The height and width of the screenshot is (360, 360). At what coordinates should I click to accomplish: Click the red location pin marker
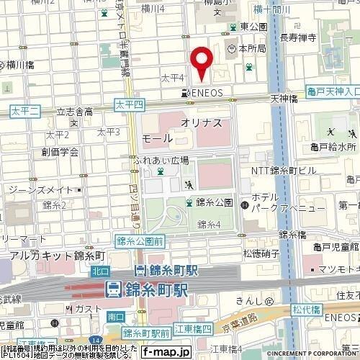tap(202, 60)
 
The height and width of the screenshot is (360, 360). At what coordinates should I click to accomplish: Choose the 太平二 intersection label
tap(26, 109)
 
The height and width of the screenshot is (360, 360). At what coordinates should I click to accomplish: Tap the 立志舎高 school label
tap(75, 112)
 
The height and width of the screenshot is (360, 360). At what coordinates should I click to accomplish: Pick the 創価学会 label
tap(60, 152)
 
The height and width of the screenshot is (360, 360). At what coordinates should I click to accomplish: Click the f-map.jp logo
tap(166, 352)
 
